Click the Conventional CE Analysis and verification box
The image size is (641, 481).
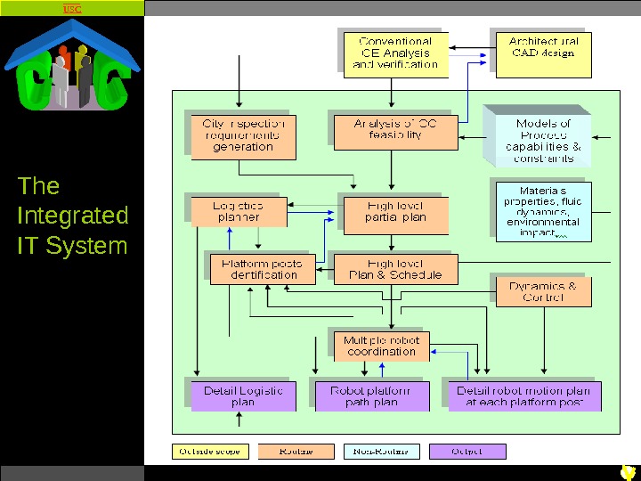click(395, 53)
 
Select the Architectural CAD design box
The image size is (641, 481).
click(543, 47)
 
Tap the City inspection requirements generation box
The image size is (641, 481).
click(243, 135)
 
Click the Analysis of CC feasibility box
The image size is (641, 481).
click(388, 130)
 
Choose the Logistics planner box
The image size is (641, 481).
click(239, 211)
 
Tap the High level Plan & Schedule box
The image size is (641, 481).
click(395, 269)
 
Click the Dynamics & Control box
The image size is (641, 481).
click(543, 291)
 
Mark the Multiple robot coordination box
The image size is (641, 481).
click(382, 346)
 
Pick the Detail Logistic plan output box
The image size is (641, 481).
click(243, 396)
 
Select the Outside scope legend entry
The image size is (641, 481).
click(211, 452)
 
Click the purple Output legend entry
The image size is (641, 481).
click(467, 452)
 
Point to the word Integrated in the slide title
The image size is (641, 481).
click(73, 216)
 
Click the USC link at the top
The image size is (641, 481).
click(72, 9)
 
